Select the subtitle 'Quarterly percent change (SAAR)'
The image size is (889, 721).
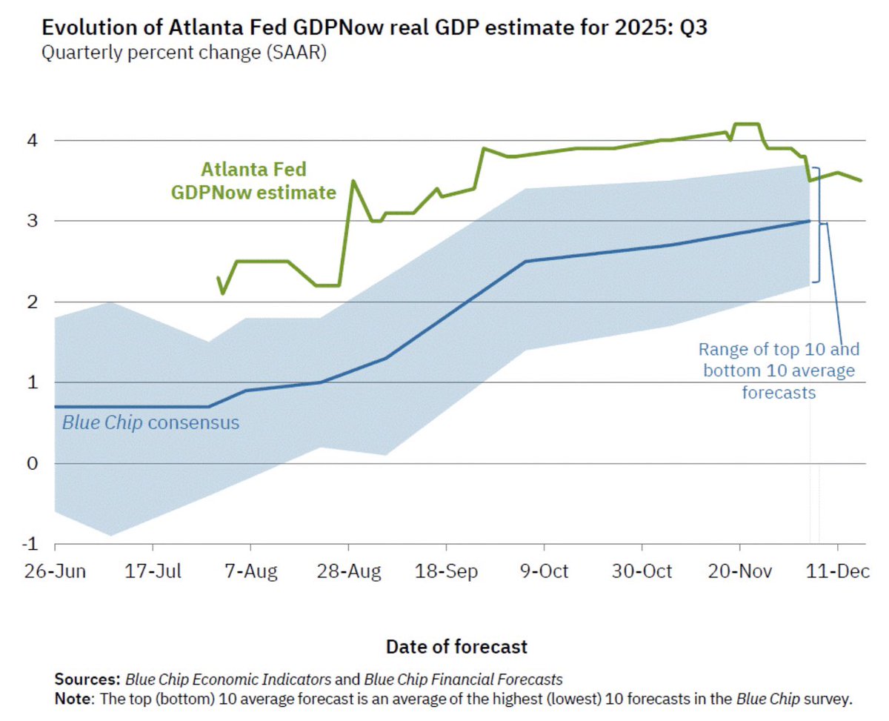click(184, 54)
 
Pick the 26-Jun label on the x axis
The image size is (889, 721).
click(56, 571)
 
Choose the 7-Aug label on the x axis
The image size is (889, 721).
click(250, 571)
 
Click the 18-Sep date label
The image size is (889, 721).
click(446, 571)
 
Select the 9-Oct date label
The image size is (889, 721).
click(544, 571)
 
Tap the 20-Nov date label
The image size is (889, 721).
click(739, 571)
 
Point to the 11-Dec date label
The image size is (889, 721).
click(837, 571)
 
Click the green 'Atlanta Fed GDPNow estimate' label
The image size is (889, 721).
click(254, 182)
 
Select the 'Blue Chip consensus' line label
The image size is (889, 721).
click(150, 423)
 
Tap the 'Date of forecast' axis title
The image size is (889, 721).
click(456, 646)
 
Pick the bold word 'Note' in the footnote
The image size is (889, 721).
click(71, 698)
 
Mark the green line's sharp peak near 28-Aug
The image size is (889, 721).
click(353, 181)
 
